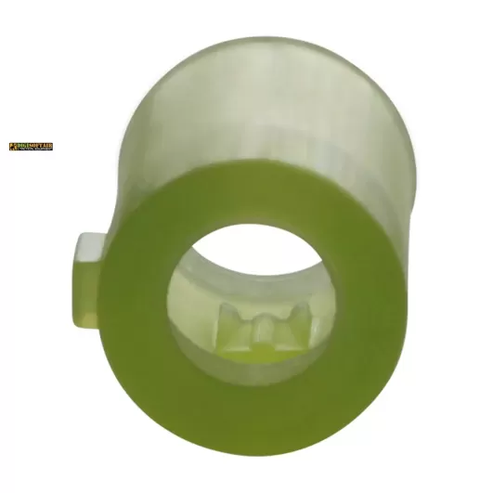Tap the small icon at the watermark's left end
coord(13,147)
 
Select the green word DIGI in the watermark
coord(24,146)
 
